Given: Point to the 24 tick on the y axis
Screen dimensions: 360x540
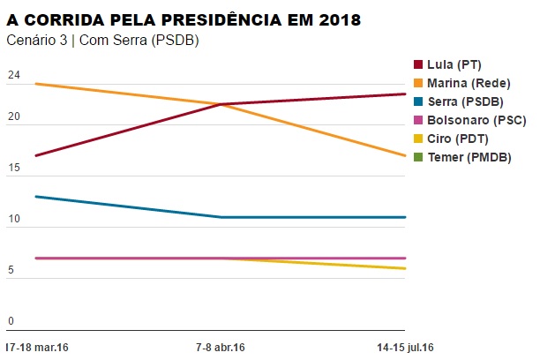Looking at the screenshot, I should coord(12,76).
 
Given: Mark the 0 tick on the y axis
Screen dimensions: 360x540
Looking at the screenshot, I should coord(11,321).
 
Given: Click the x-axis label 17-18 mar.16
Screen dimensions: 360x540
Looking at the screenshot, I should coord(36,347).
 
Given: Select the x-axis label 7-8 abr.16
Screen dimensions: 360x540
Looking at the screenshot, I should coord(219,347).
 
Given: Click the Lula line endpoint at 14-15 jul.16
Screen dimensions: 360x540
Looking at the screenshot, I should coord(405,94).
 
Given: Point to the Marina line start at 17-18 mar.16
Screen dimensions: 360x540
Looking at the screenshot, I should coord(35,84).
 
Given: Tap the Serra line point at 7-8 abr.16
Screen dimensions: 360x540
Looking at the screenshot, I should coord(220,217).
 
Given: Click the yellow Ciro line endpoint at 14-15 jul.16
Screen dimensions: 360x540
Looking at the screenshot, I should coord(405,268).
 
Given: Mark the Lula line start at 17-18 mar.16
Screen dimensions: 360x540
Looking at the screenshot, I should coord(35,155).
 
